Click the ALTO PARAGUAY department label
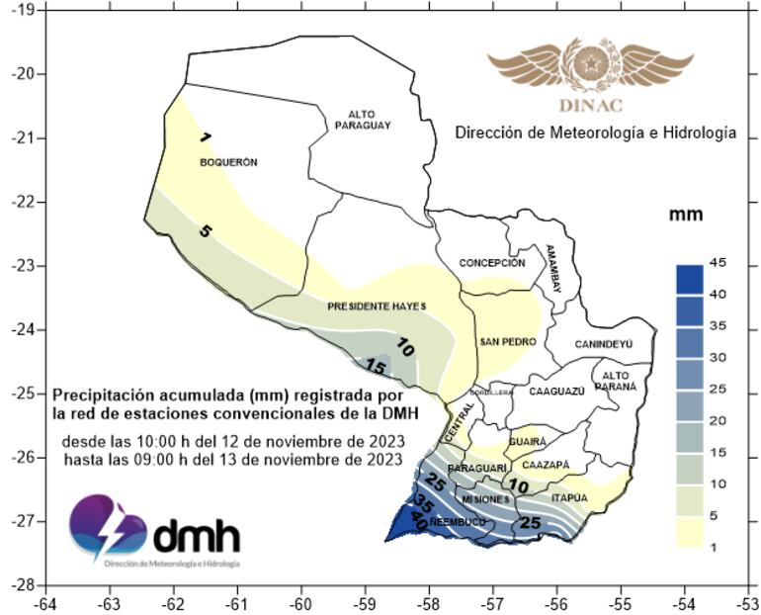click(363, 120)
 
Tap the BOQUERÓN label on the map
click(228, 162)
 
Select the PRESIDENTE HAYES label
click(377, 307)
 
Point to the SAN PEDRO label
click(507, 342)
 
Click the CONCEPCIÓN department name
click(491, 263)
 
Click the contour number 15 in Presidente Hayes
click(376, 367)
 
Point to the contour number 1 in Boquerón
click(205, 136)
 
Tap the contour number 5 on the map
click(205, 231)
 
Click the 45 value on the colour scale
click(719, 261)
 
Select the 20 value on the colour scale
click(719, 421)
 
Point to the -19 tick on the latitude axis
click(21, 9)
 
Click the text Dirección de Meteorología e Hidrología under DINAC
click(595, 132)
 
